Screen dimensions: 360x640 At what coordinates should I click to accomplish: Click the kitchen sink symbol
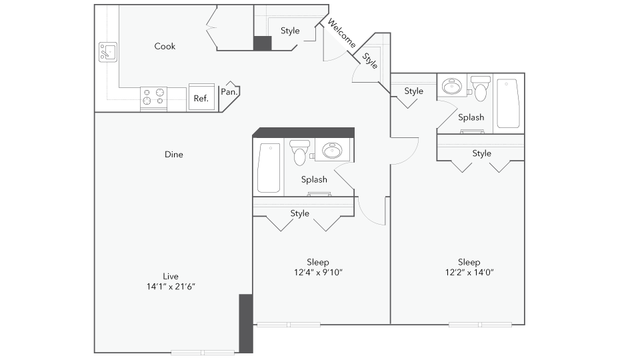[x=108, y=51]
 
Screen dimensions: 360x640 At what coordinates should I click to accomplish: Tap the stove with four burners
[x=153, y=97]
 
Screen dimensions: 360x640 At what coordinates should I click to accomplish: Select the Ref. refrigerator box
[x=201, y=97]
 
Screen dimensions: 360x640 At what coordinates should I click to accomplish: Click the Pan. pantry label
[x=229, y=92]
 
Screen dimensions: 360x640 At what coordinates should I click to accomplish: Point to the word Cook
[x=165, y=46]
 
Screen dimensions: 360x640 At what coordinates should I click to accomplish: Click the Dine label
[x=174, y=155]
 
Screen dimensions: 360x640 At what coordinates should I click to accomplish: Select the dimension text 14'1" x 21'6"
[x=171, y=287]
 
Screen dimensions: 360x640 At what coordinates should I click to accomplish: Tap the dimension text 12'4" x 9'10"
[x=318, y=272]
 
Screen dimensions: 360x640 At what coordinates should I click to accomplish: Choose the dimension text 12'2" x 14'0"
[x=469, y=272]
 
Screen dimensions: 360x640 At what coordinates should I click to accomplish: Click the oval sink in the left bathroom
[x=331, y=151]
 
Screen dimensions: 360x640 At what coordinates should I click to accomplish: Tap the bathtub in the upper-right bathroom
[x=507, y=103]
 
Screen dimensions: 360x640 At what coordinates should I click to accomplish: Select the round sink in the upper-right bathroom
[x=454, y=87]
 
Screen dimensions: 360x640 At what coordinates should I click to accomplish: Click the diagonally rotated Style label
[x=370, y=61]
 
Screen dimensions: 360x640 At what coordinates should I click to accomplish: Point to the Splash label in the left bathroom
[x=314, y=179]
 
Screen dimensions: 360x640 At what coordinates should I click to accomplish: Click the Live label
[x=171, y=276]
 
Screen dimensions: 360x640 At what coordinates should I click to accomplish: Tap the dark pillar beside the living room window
[x=246, y=323]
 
